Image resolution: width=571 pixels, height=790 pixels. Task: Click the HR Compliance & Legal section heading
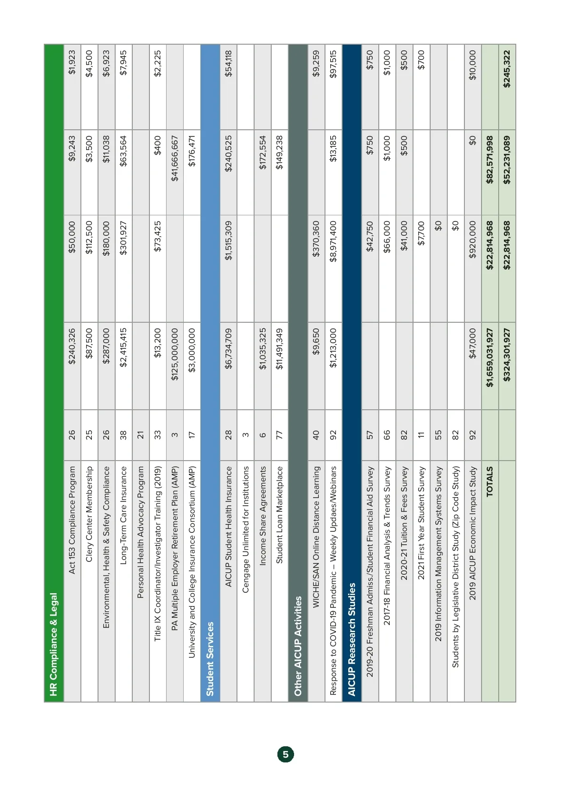(x=53, y=644)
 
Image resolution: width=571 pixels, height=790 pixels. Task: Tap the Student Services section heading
(x=210, y=659)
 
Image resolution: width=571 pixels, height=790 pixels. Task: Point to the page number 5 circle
(x=285, y=754)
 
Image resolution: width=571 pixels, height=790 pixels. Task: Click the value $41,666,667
(x=175, y=159)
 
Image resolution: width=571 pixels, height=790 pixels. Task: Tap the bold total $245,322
(x=507, y=69)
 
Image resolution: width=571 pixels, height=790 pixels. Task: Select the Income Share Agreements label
(x=262, y=516)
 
